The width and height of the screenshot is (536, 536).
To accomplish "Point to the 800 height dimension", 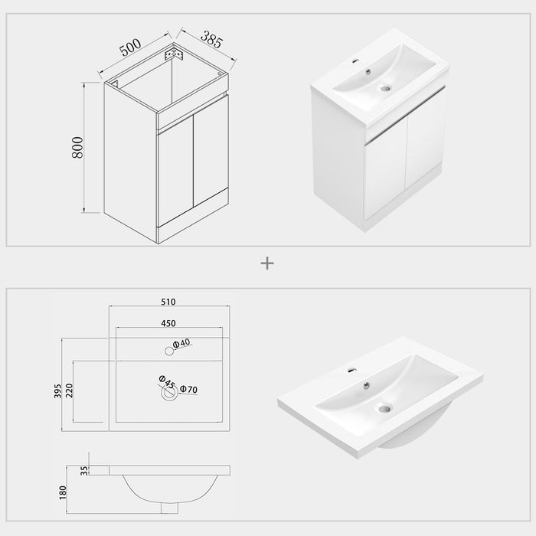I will pyautogui.click(x=77, y=148).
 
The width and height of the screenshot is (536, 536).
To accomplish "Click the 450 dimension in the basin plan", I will pyautogui.click(x=171, y=322).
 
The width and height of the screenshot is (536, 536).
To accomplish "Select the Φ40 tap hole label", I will pyautogui.click(x=181, y=345).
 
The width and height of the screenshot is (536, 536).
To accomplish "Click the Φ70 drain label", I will pyautogui.click(x=189, y=390).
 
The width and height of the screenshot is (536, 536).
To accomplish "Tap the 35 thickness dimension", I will pyautogui.click(x=84, y=469).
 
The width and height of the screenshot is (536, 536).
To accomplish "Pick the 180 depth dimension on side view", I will pyautogui.click(x=66, y=492).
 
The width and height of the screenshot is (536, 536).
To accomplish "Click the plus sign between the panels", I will pyautogui.click(x=267, y=263).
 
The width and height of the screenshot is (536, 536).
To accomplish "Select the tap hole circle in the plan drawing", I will pyautogui.click(x=168, y=351).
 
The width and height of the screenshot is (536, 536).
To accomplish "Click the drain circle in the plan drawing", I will pyautogui.click(x=168, y=392).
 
